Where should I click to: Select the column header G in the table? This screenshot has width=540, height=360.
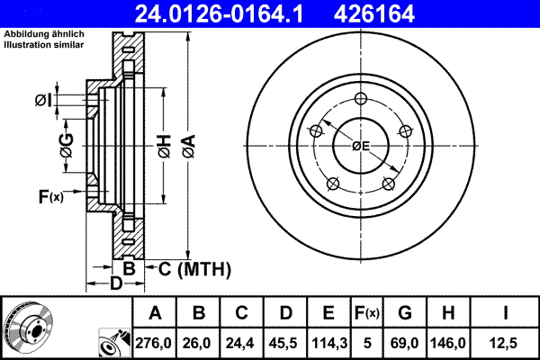(406, 313)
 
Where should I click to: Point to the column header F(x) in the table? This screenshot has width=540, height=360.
(367, 313)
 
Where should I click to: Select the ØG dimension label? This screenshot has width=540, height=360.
(66, 140)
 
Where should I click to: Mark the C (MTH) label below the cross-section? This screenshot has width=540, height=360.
(194, 268)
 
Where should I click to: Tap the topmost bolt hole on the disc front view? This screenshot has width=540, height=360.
(361, 100)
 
